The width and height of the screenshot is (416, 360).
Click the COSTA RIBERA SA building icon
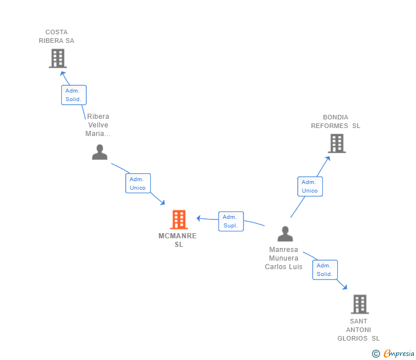point(57,58)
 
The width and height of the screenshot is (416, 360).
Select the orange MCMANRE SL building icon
point(179,219)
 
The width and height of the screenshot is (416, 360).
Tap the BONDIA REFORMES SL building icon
point(337,143)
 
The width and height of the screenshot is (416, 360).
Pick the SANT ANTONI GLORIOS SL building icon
point(359,304)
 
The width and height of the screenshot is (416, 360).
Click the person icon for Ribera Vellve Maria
point(100,152)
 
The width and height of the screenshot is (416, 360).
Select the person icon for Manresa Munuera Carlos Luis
point(285,234)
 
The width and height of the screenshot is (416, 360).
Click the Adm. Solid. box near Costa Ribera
point(74,95)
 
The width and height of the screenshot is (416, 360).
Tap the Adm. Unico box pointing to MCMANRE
point(138,183)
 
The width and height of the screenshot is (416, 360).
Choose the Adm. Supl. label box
point(231,222)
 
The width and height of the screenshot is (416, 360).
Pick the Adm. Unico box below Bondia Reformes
point(310,186)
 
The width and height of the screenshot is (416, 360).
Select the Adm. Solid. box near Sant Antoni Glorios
point(325,270)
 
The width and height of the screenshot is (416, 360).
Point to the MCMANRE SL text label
point(178,240)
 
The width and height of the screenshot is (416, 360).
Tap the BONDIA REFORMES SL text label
point(335,122)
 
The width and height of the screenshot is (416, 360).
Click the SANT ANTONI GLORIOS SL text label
point(358,330)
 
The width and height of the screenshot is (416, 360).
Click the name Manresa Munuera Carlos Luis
point(284,258)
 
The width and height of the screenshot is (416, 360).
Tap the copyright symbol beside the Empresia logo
point(376,354)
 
